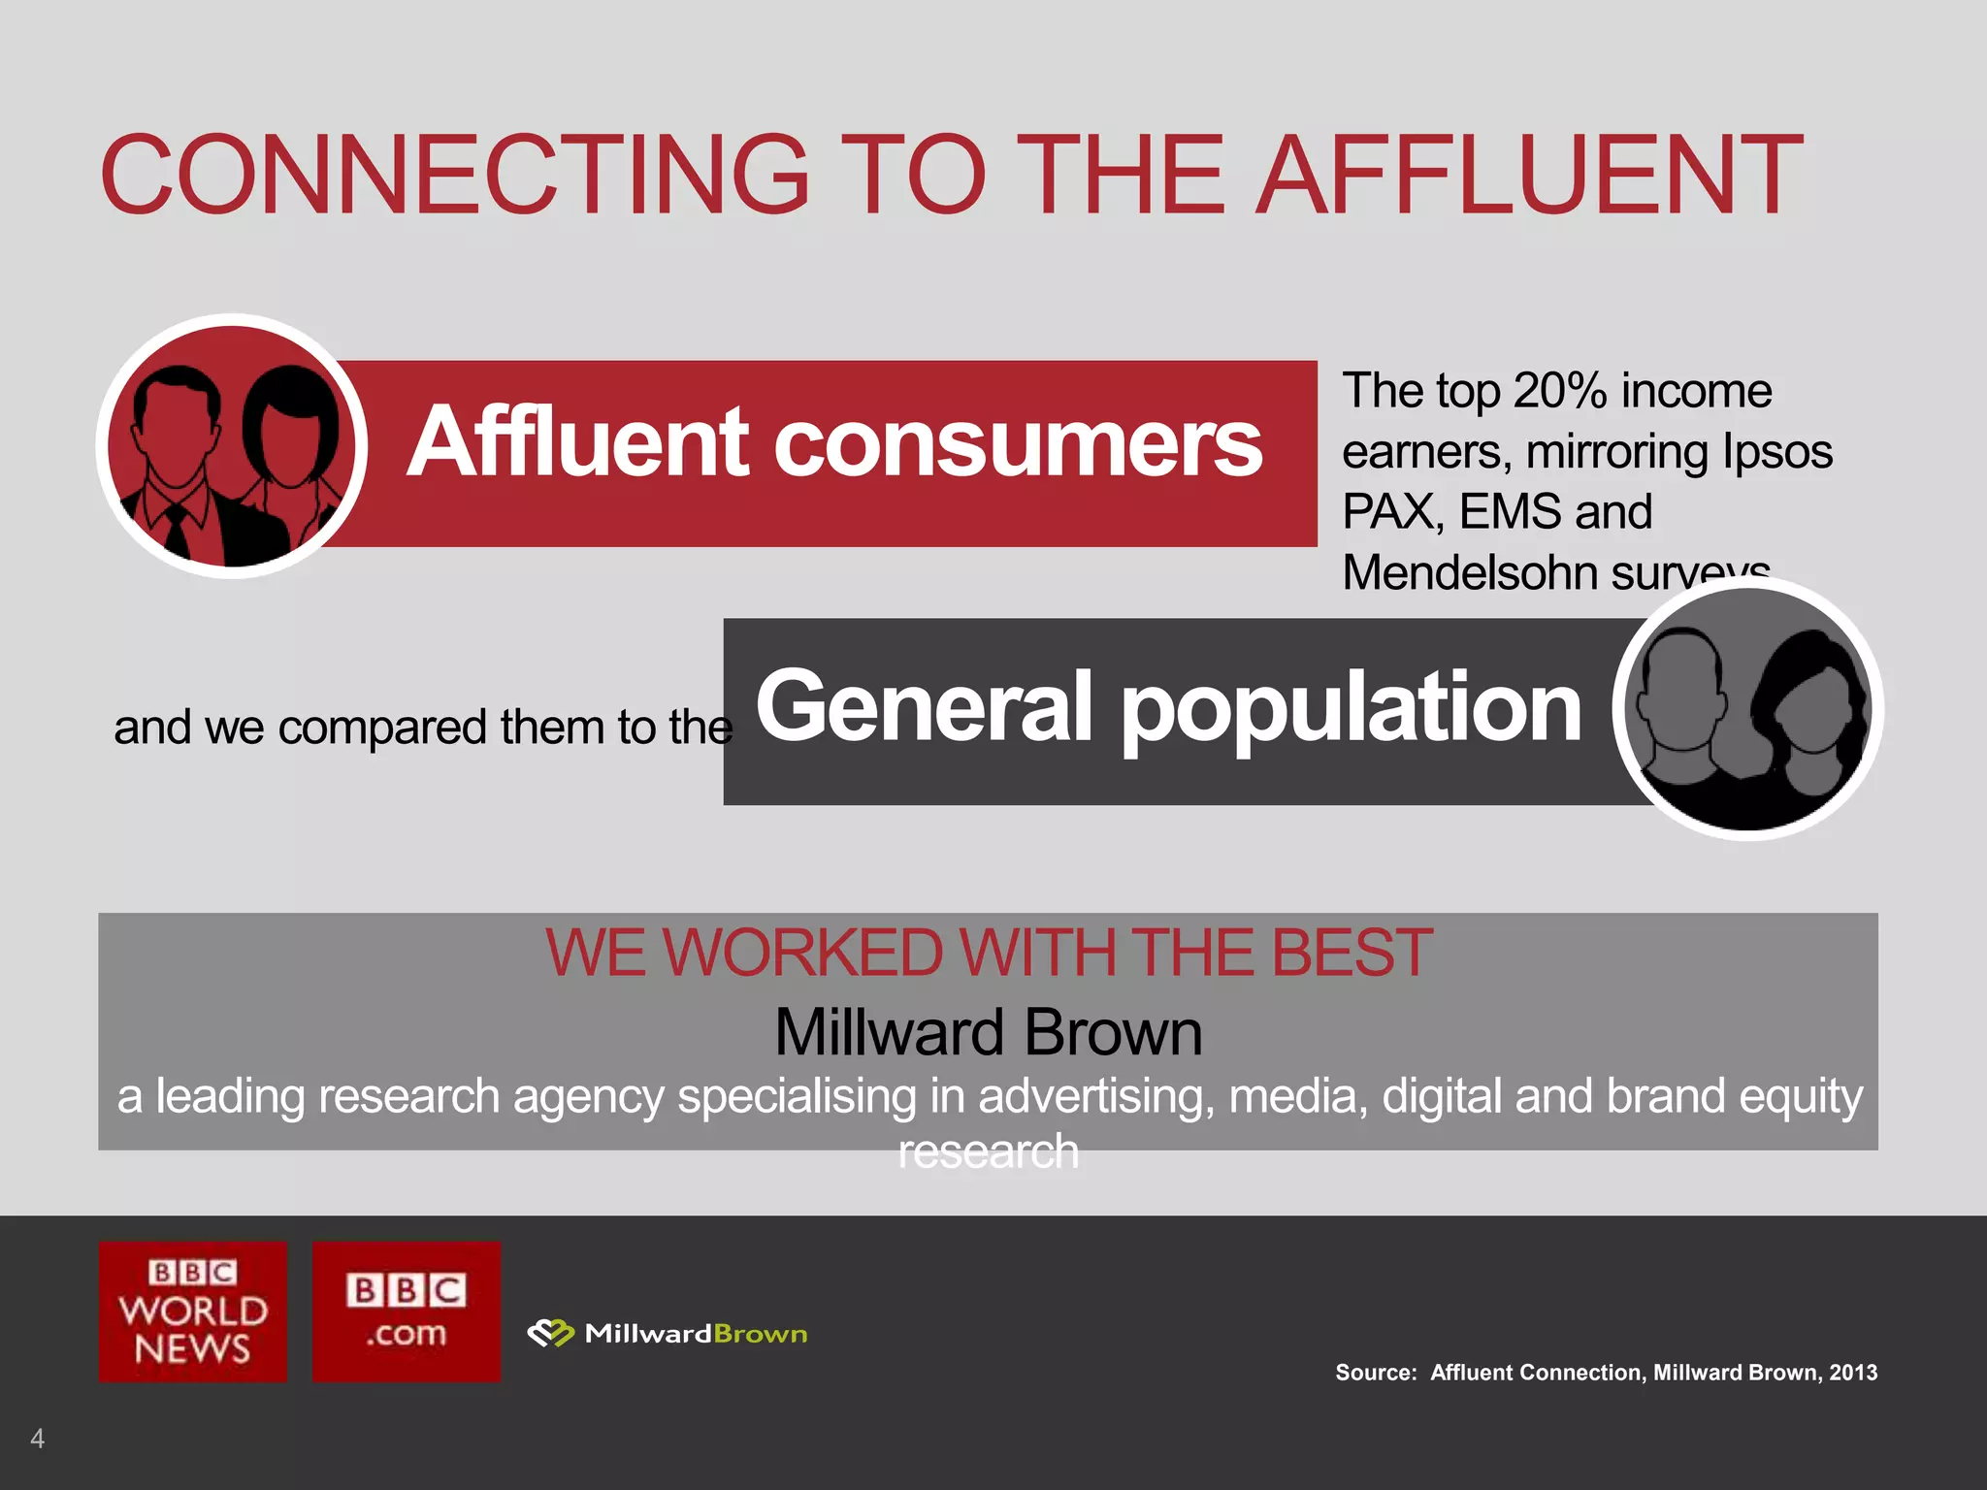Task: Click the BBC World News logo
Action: coord(192,1311)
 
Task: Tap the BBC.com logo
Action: coord(406,1311)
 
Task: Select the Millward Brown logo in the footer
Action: coord(668,1334)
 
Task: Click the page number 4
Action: coord(37,1438)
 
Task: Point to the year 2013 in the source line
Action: coord(1853,1373)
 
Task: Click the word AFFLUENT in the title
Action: coord(1530,176)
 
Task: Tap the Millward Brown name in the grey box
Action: coord(988,1032)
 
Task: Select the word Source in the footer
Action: coord(1375,1373)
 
